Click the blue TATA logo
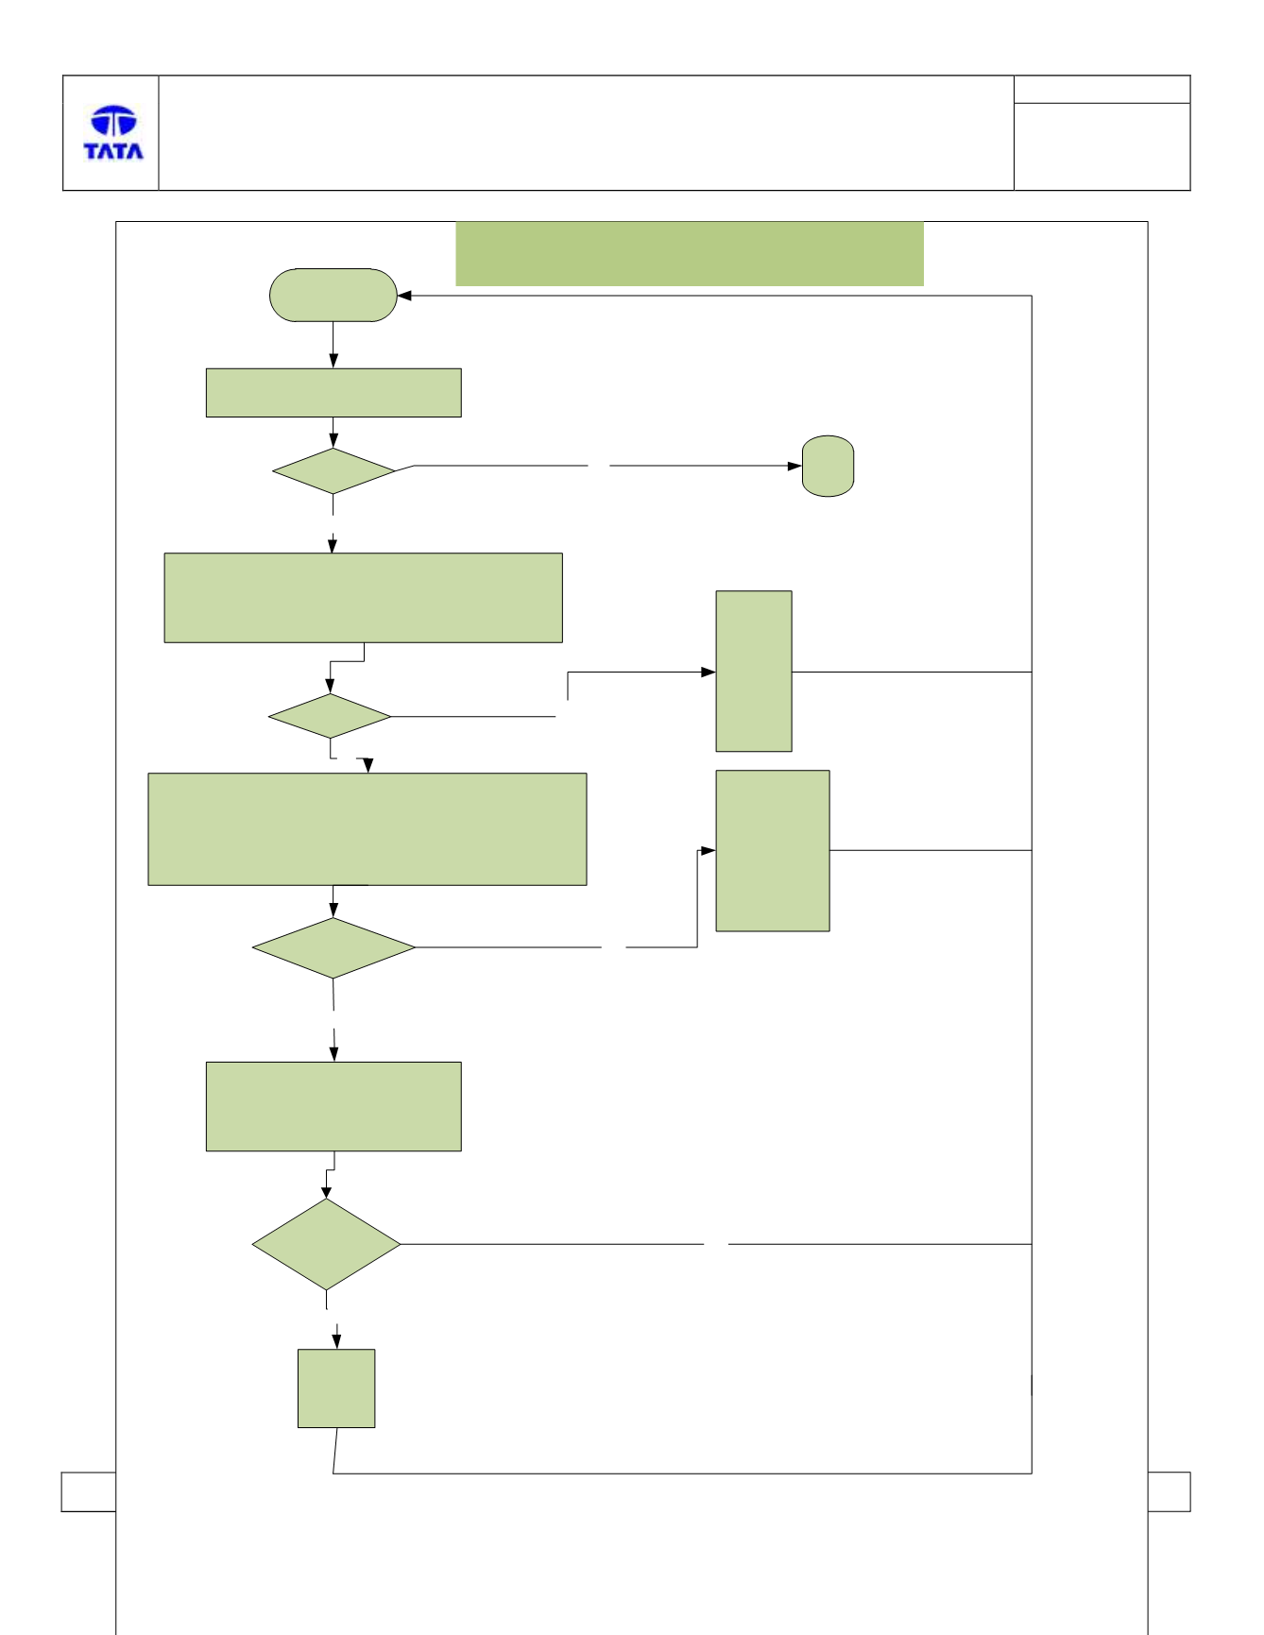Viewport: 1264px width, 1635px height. [113, 133]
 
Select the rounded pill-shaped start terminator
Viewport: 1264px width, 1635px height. [333, 296]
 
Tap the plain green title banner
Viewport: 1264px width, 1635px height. [690, 254]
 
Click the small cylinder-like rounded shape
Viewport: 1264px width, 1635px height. [828, 467]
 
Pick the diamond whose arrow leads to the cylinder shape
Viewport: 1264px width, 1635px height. [333, 471]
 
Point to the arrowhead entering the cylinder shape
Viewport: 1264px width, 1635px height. [795, 467]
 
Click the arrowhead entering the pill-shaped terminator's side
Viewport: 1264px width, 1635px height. [404, 296]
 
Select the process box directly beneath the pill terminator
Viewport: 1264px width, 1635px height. [333, 393]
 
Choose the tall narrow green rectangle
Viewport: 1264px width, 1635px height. [754, 672]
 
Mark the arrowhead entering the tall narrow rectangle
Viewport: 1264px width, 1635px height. [709, 672]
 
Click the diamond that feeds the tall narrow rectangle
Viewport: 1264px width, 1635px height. [330, 717]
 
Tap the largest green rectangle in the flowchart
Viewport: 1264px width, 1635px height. [367, 829]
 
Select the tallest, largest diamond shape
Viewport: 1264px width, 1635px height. [326, 1245]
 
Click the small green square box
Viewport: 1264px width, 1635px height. [336, 1388]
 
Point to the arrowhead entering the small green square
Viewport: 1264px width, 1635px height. [336, 1341]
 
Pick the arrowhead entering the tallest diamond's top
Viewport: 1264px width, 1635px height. [326, 1192]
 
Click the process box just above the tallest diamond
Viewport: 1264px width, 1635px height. [333, 1107]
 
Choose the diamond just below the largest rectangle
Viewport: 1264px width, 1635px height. [333, 948]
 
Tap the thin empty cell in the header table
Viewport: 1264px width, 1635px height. [1102, 90]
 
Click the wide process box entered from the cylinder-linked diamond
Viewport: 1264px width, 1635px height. [364, 598]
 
